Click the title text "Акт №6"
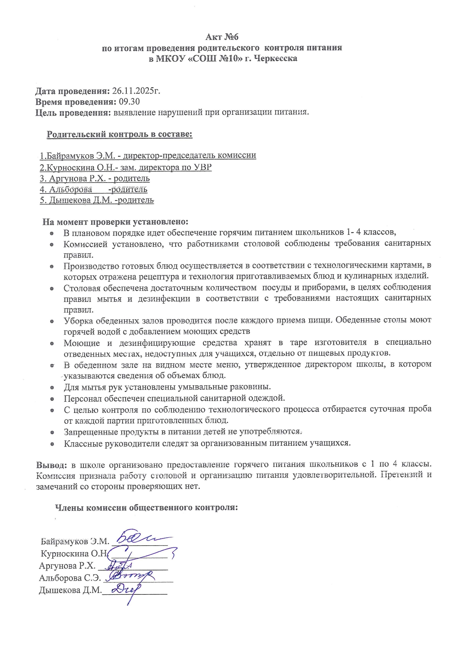coord(222,37)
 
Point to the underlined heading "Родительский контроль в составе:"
coord(119,135)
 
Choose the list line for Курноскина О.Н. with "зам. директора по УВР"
coord(126,167)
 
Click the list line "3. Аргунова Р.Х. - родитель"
coord(95,178)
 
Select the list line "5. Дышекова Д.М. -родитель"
coord(96,200)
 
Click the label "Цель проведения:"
coord(73,113)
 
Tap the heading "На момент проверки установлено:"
coord(115,222)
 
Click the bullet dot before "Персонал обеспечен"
coord(53,399)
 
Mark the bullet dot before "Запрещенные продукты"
coord(53,433)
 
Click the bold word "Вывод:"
coord(51,465)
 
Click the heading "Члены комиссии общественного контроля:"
coord(146,508)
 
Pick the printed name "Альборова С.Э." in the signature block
coord(70,578)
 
